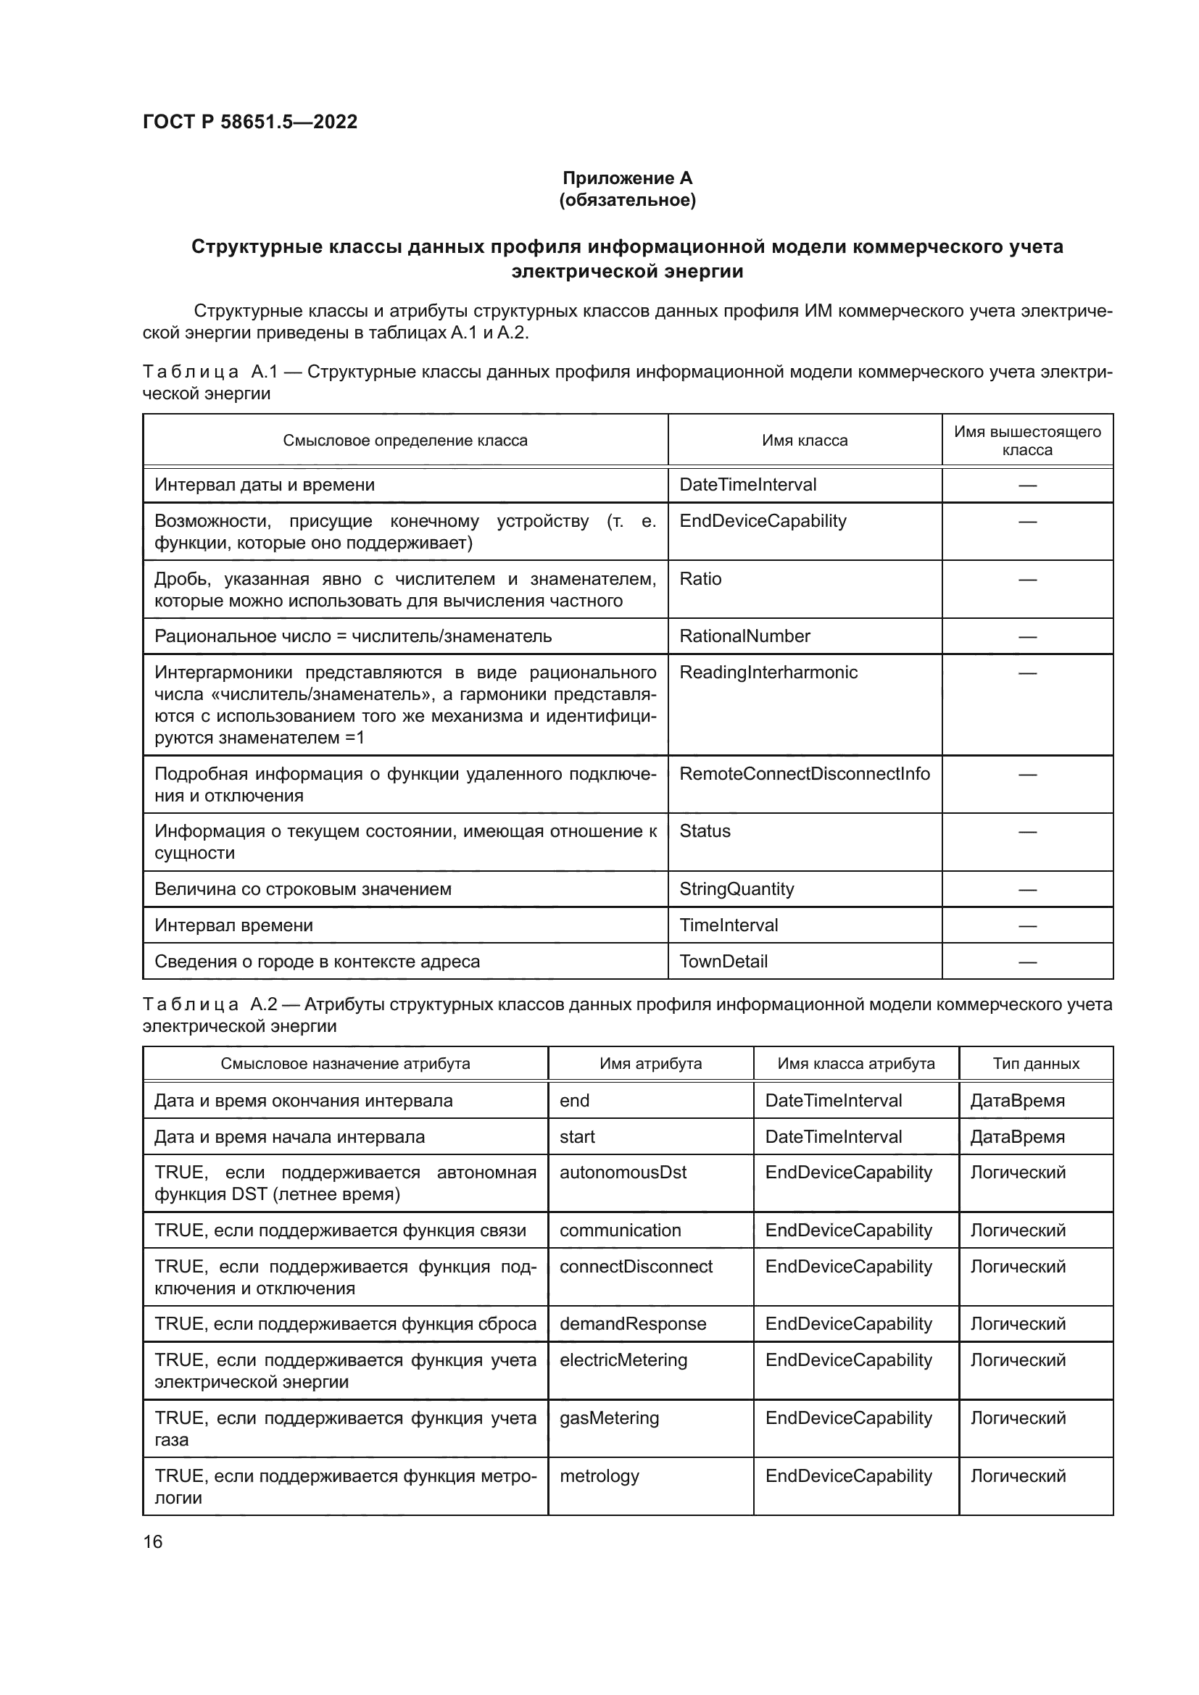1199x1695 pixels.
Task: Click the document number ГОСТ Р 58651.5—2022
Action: (249, 122)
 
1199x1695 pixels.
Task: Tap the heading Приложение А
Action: (627, 178)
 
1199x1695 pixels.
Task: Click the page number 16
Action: (153, 1541)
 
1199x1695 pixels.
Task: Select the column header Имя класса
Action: (804, 441)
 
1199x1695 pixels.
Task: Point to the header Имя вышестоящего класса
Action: (1026, 441)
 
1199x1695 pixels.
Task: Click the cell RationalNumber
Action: (744, 636)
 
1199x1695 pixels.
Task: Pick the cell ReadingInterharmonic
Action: (768, 672)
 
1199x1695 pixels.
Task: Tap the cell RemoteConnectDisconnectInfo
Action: (804, 774)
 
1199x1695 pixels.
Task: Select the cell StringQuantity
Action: (736, 889)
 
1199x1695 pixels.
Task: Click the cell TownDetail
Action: (723, 961)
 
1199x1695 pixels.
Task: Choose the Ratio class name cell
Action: (700, 579)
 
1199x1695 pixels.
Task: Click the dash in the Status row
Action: (1026, 832)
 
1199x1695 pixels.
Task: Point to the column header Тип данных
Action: (1035, 1064)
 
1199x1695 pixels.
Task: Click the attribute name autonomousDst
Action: (623, 1173)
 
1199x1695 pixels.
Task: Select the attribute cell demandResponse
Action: (632, 1324)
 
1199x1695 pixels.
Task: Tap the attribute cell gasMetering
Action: (608, 1417)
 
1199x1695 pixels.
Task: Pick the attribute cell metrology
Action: (599, 1475)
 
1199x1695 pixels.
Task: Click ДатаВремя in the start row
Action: (1016, 1137)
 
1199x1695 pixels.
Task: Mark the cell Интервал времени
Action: (233, 925)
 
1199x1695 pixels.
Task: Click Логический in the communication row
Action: (1017, 1230)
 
